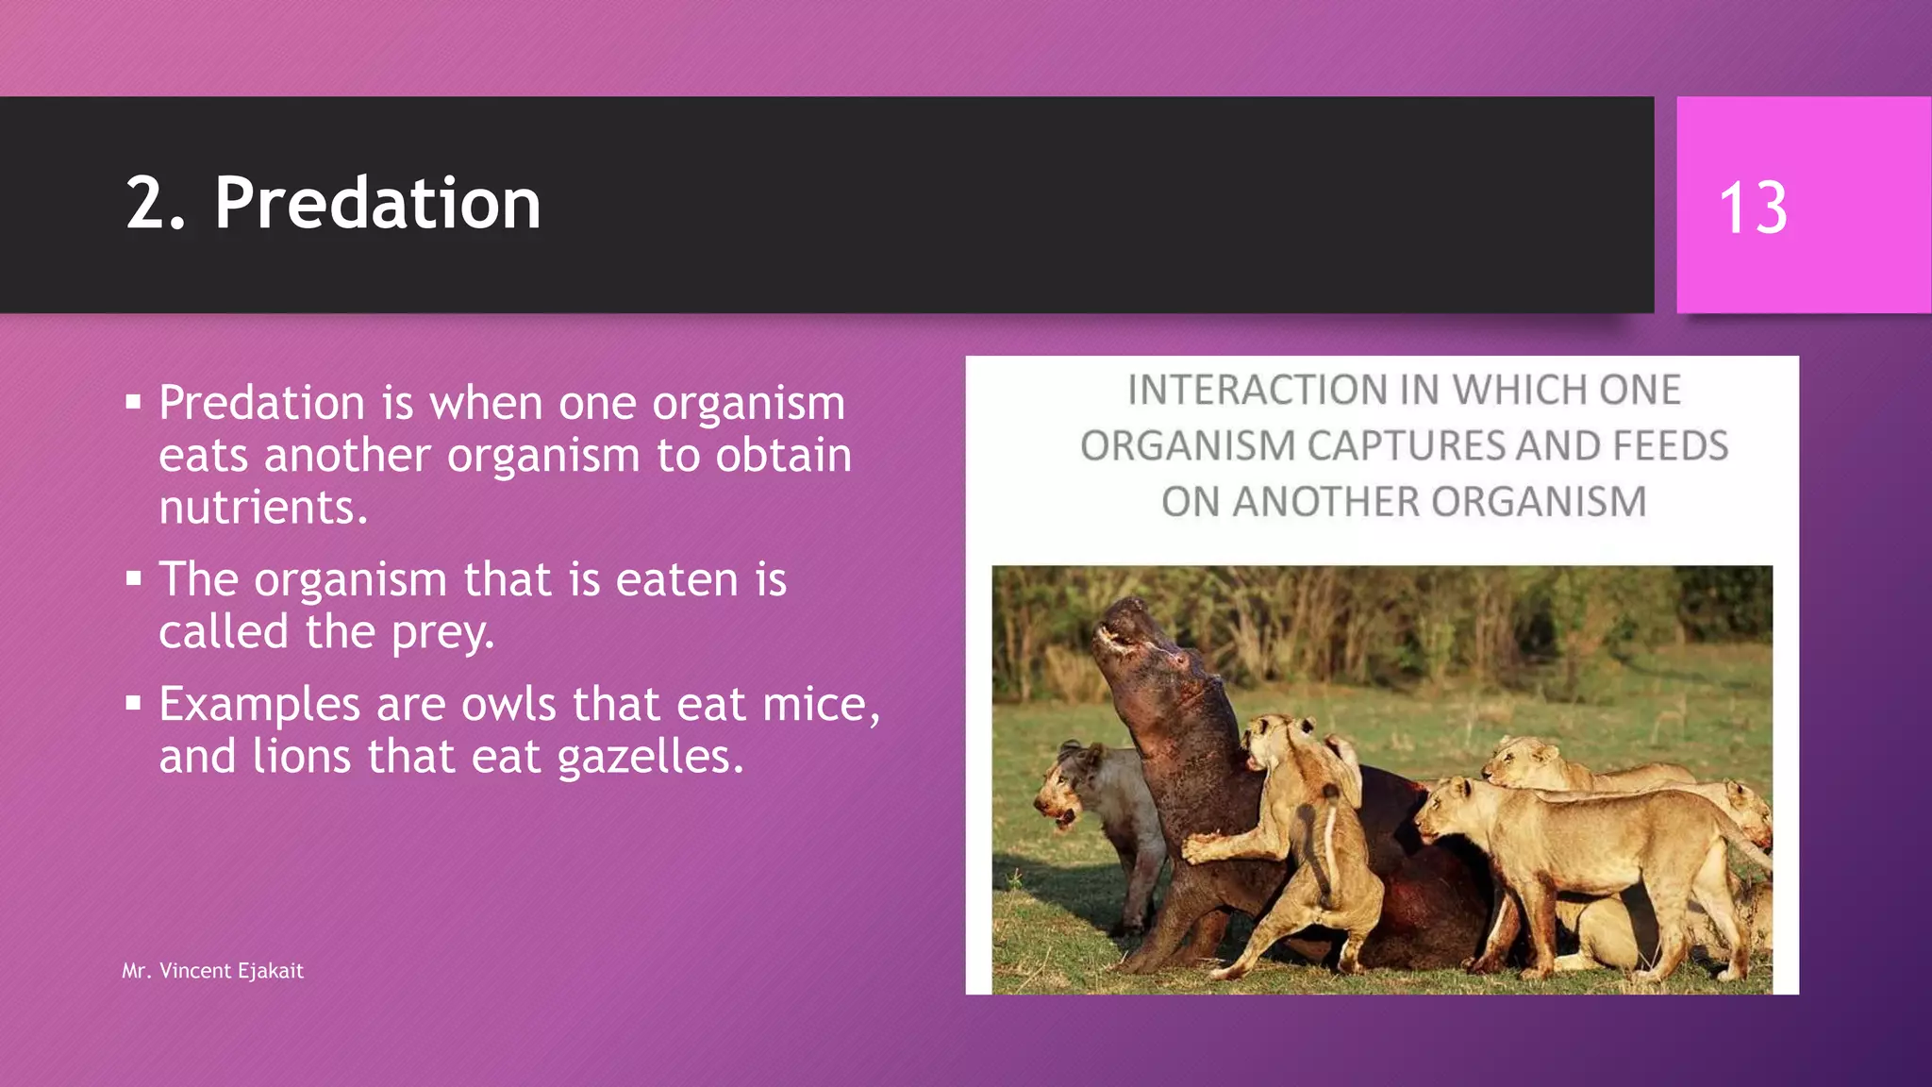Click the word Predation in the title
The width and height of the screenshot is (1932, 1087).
[377, 204]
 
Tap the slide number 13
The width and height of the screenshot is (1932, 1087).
[1753, 209]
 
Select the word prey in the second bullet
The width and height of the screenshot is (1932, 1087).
[441, 632]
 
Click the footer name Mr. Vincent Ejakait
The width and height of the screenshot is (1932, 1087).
[212, 971]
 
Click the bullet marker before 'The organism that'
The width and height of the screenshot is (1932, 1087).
[133, 578]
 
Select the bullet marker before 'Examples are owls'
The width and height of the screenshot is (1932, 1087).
[133, 703]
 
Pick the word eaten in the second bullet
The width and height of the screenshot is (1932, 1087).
[676, 579]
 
